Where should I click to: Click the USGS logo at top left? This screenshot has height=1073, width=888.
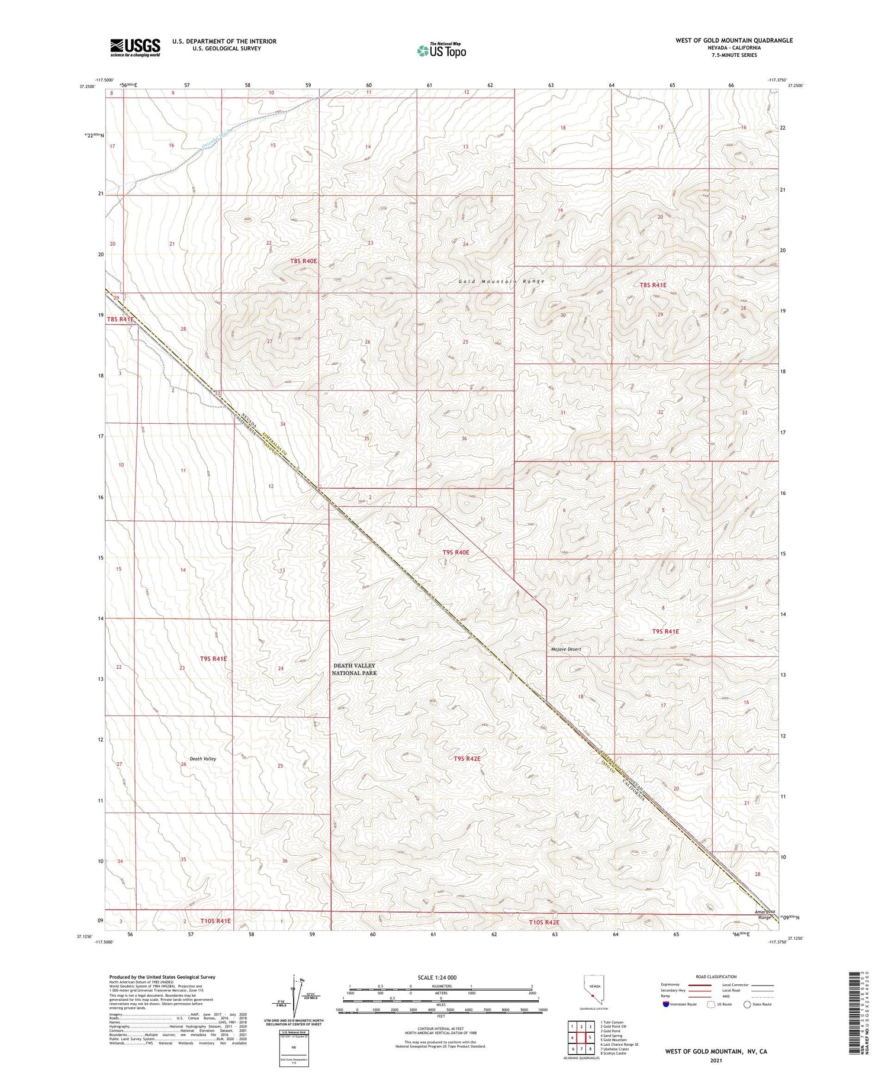[x=135, y=47]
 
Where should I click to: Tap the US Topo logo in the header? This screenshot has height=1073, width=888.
[x=441, y=51]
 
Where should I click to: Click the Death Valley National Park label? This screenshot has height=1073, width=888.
[x=354, y=669]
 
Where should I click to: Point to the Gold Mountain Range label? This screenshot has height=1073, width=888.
[x=501, y=281]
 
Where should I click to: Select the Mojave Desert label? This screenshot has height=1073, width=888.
[x=566, y=649]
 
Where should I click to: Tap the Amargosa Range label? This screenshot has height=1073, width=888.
[x=764, y=914]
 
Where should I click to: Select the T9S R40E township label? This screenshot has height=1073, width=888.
[x=456, y=552]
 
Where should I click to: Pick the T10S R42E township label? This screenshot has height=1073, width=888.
[x=543, y=922]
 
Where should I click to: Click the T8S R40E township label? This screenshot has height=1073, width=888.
[x=304, y=261]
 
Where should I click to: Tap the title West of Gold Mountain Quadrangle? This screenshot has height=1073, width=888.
[x=733, y=40]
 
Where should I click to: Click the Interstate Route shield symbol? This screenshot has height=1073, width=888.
[x=666, y=1004]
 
